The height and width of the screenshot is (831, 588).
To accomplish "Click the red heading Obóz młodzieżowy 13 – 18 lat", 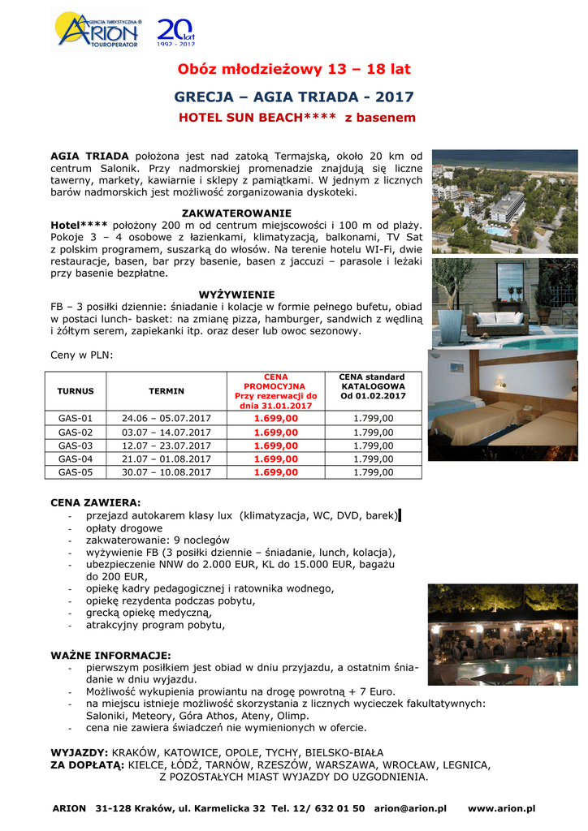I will click(x=294, y=68).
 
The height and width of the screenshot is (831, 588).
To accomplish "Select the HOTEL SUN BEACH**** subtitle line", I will click(x=296, y=118).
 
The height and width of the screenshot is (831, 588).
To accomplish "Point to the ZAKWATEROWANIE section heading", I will click(x=236, y=212).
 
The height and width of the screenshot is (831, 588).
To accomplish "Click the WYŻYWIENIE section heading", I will click(x=236, y=294).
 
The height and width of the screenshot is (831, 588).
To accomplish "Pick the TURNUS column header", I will click(x=76, y=391).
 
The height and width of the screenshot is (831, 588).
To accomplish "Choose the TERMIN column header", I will click(x=166, y=391).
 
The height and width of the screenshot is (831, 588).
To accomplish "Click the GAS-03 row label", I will click(x=76, y=446).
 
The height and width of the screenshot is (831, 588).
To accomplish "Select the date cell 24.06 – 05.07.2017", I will click(x=166, y=418).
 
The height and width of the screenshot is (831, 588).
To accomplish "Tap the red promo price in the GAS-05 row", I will click(x=276, y=471).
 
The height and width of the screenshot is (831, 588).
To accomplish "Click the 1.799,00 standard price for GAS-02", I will click(x=374, y=432).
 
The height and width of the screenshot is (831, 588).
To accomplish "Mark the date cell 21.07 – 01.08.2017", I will click(x=166, y=459).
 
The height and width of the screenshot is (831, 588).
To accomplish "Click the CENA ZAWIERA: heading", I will click(x=96, y=502).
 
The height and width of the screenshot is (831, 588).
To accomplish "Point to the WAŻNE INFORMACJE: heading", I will click(x=110, y=655).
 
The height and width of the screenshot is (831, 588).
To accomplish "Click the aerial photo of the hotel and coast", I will click(x=504, y=201).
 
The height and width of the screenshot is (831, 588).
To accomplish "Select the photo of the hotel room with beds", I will click(x=504, y=398).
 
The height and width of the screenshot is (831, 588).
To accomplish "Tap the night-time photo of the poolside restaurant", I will click(x=503, y=635).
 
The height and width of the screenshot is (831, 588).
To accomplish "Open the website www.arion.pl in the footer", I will click(x=501, y=808).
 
